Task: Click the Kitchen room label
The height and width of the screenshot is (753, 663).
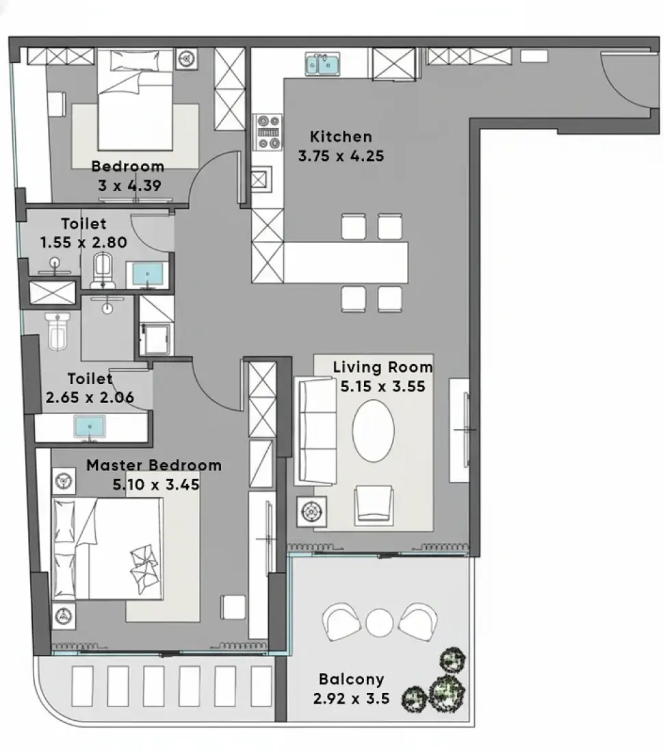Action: pos(341,137)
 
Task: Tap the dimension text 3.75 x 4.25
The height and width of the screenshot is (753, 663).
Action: pos(341,156)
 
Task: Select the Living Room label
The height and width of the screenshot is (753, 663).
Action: pos(382,368)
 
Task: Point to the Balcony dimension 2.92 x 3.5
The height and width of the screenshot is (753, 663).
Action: pos(351,698)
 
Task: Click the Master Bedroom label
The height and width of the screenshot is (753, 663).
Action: pos(154,465)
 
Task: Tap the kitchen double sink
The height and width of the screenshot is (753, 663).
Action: pos(322,64)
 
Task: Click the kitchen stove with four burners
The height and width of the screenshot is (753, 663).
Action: pos(268,131)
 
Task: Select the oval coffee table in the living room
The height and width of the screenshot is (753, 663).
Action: pos(373,431)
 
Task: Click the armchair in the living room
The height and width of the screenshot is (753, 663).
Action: pos(374,505)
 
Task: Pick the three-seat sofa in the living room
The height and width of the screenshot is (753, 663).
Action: pos(317,431)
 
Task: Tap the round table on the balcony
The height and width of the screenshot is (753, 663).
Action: pos(379,623)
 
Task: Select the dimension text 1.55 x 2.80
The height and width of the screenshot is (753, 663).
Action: pos(83,242)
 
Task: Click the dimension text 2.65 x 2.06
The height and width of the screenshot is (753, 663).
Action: pos(90,398)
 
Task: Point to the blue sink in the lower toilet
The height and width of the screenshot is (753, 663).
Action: pos(90,427)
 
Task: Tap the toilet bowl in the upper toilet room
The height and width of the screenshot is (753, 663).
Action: pos(103,270)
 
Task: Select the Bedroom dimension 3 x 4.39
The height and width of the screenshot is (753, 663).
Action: pos(129,186)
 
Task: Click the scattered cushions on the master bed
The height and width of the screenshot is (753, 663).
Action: pos(144,570)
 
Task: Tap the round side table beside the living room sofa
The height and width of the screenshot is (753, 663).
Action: pos(311,511)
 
